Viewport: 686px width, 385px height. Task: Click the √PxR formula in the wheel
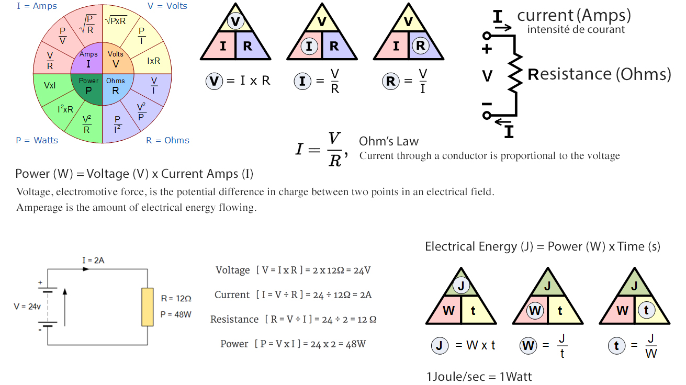(116, 20)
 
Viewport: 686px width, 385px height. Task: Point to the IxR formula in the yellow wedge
(153, 61)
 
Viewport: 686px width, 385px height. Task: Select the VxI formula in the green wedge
(50, 85)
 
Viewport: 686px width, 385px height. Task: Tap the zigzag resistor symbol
(516, 73)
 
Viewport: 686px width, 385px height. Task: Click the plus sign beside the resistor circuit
(487, 49)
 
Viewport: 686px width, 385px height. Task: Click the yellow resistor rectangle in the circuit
(148, 307)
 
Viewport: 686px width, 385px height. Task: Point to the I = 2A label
(93, 260)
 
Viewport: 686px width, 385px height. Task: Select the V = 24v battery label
(27, 307)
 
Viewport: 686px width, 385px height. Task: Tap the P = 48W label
(176, 314)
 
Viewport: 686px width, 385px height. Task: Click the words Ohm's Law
(389, 141)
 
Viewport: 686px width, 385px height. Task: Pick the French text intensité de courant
(576, 29)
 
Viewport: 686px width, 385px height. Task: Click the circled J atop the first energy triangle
(461, 286)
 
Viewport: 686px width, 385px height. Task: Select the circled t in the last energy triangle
(647, 310)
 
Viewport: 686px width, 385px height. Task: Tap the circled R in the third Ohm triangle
(421, 46)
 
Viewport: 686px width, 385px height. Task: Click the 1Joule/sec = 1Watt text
(479, 377)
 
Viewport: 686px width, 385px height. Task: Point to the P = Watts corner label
(37, 140)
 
